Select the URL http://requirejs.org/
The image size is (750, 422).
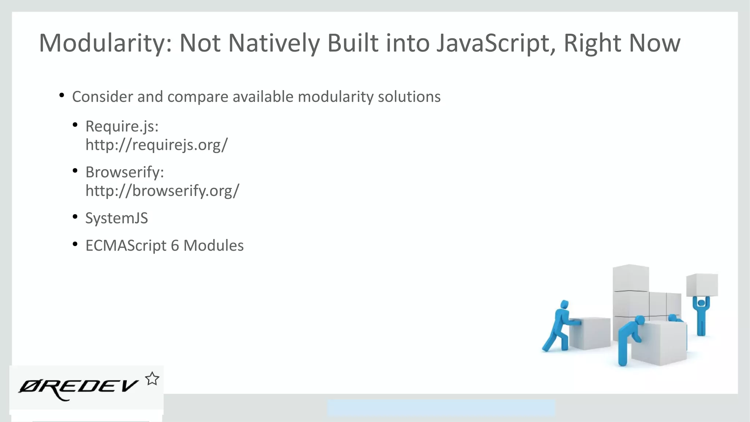pyautogui.click(x=156, y=145)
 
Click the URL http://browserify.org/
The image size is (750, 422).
pyautogui.click(x=162, y=190)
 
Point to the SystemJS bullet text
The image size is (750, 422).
pyautogui.click(x=116, y=218)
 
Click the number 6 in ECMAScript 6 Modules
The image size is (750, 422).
pyautogui.click(x=175, y=245)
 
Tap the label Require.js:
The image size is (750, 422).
pyautogui.click(x=122, y=126)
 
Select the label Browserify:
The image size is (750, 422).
pyautogui.click(x=125, y=172)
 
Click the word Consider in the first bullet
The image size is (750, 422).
pyautogui.click(x=103, y=97)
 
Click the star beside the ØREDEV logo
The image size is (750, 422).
pyautogui.click(x=152, y=379)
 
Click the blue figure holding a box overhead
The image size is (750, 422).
pyautogui.click(x=701, y=315)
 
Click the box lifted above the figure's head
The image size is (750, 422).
pyautogui.click(x=702, y=285)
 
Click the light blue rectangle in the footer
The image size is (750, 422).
pyautogui.click(x=441, y=408)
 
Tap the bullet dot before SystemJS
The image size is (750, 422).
pyautogui.click(x=75, y=216)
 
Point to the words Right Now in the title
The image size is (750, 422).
pyautogui.click(x=621, y=43)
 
